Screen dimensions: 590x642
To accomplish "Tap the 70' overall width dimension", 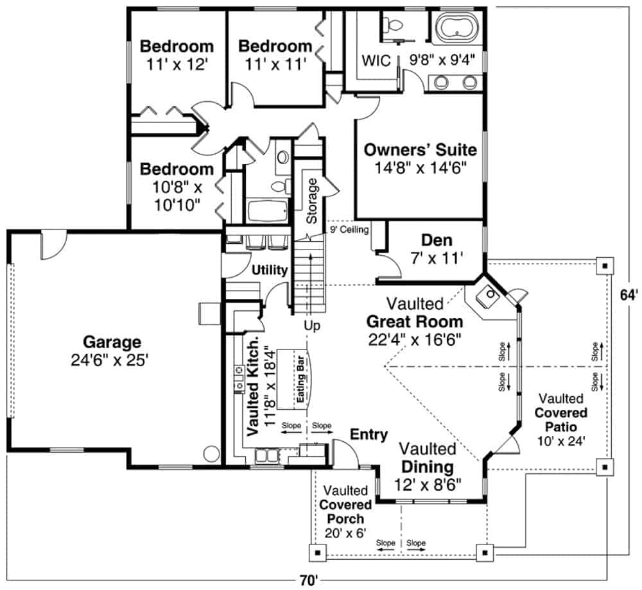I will tap(308, 580).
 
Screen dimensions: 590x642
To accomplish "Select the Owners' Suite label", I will tap(420, 150).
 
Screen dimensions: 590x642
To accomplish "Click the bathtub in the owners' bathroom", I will tap(458, 28).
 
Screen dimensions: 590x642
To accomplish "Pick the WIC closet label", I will tap(376, 61).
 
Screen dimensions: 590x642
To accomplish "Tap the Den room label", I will tap(437, 240).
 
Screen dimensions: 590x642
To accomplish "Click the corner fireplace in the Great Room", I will tap(490, 297).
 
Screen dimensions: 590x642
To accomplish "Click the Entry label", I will tap(369, 435).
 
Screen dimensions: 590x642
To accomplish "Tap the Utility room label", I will tap(269, 271).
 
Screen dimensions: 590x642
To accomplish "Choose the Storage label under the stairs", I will tap(312, 201).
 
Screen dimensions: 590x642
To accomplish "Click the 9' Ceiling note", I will tap(349, 229).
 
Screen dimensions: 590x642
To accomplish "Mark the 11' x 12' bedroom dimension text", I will tap(177, 64).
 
